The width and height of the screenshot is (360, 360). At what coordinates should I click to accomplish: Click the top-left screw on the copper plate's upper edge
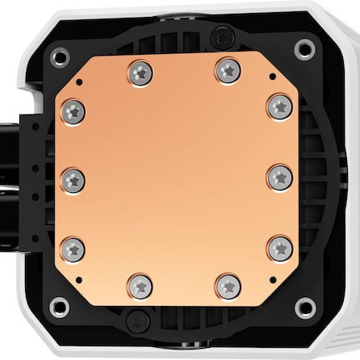(x=139, y=73)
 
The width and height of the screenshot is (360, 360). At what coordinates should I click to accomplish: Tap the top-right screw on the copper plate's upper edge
(x=228, y=71)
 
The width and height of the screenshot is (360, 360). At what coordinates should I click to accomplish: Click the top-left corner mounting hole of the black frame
(x=59, y=56)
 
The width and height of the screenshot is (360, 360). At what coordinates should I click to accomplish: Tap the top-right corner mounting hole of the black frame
(x=305, y=49)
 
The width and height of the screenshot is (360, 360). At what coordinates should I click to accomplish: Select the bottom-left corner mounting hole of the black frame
(x=59, y=308)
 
